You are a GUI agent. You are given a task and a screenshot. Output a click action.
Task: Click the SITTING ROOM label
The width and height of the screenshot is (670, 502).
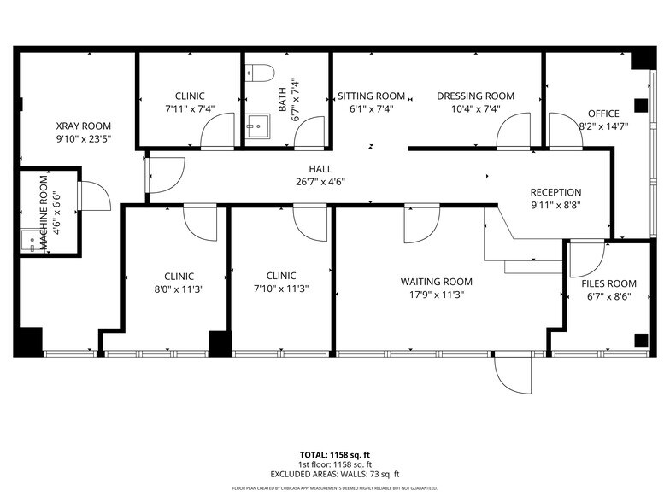[x=371, y=96]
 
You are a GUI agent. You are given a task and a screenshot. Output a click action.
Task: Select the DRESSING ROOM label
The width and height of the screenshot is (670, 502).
[x=476, y=96]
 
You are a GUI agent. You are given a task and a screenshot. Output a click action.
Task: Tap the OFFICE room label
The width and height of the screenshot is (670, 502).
[x=603, y=114]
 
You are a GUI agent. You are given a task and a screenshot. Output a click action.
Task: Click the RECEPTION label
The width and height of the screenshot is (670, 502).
[x=555, y=192]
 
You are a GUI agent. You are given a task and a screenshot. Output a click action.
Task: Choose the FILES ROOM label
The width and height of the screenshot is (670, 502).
[x=609, y=283]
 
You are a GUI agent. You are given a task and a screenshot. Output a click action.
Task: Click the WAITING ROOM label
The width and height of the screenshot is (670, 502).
[x=436, y=282]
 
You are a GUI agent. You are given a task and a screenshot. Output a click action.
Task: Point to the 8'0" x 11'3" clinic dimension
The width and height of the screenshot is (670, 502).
[x=179, y=289]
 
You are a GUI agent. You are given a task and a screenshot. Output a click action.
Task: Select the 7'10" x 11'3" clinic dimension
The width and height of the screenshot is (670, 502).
[x=281, y=289]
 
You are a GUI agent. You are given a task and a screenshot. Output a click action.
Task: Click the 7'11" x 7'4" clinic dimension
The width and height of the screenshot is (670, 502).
[x=190, y=109]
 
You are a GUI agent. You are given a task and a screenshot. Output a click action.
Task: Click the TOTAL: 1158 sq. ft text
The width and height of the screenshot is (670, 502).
[x=335, y=454]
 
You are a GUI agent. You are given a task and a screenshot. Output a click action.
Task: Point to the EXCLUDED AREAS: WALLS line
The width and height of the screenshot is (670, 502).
[x=335, y=474]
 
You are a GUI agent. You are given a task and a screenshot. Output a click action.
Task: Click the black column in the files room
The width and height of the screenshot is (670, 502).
[x=641, y=341]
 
